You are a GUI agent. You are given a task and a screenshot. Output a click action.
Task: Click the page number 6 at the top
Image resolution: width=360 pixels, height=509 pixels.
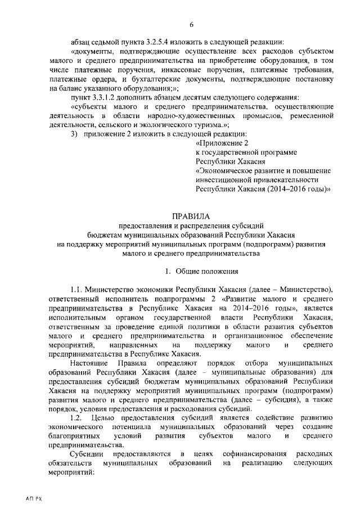point(192,24)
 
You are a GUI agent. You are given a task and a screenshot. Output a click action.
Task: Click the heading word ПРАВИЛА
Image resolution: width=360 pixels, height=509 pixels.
point(192,216)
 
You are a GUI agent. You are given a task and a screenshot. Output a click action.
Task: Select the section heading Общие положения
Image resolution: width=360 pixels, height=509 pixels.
point(195,272)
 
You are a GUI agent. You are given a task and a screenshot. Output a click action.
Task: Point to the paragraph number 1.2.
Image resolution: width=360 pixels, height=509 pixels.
point(76,417)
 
